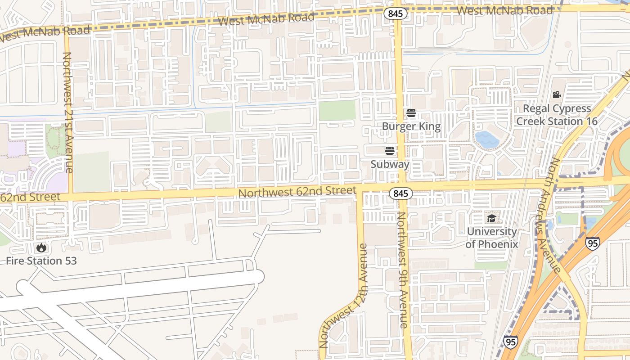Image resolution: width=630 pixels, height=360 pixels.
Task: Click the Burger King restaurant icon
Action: (411, 112)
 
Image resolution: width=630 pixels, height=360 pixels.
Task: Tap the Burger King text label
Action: (411, 126)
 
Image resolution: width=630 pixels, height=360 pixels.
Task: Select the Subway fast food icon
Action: (390, 150)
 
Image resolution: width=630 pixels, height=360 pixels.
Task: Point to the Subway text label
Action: (390, 164)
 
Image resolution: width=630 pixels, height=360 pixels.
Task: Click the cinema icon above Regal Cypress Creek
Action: (557, 95)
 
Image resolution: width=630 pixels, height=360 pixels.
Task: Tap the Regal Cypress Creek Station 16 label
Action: (557, 115)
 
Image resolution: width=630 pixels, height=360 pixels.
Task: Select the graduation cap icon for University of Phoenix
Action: (491, 219)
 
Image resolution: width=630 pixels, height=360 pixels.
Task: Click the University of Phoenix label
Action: (491, 238)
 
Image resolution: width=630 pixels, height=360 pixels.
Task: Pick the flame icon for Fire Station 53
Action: (41, 247)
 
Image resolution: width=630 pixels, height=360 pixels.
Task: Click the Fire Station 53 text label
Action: (41, 261)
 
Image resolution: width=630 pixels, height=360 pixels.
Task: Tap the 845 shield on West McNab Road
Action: (396, 13)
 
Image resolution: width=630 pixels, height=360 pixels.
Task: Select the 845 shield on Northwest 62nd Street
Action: (400, 193)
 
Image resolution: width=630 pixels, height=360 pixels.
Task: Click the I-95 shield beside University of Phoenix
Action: (592, 243)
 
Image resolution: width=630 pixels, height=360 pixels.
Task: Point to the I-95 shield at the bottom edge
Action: (510, 342)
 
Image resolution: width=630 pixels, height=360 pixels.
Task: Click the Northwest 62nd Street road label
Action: (297, 192)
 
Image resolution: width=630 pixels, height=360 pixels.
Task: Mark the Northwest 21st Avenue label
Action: (67, 112)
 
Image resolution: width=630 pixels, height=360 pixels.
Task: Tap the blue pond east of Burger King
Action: (487, 139)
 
